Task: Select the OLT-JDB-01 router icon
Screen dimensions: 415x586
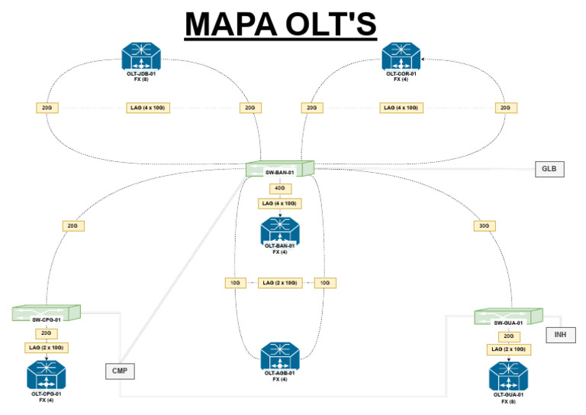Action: click(141, 56)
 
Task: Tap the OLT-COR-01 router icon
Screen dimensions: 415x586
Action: click(401, 56)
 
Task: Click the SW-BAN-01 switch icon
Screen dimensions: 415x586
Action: click(280, 168)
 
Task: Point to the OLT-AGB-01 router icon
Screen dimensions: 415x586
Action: click(280, 356)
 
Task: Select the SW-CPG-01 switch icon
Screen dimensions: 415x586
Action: click(46, 313)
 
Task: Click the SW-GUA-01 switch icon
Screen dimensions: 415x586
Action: click(507, 316)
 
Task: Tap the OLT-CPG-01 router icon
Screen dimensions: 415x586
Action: click(47, 375)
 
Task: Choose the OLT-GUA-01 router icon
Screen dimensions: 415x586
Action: click(509, 377)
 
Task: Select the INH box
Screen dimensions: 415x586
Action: click(561, 335)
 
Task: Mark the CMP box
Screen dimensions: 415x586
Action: click(119, 371)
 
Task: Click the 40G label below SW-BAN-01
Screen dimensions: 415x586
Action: click(280, 189)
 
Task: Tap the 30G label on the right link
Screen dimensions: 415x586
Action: click(482, 225)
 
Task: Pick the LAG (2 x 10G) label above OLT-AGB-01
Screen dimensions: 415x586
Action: click(280, 283)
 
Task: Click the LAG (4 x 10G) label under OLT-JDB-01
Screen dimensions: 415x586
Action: click(148, 108)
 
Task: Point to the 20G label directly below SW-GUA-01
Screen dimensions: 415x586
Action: click(509, 336)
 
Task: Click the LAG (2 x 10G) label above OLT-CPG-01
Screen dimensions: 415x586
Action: click(47, 348)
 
